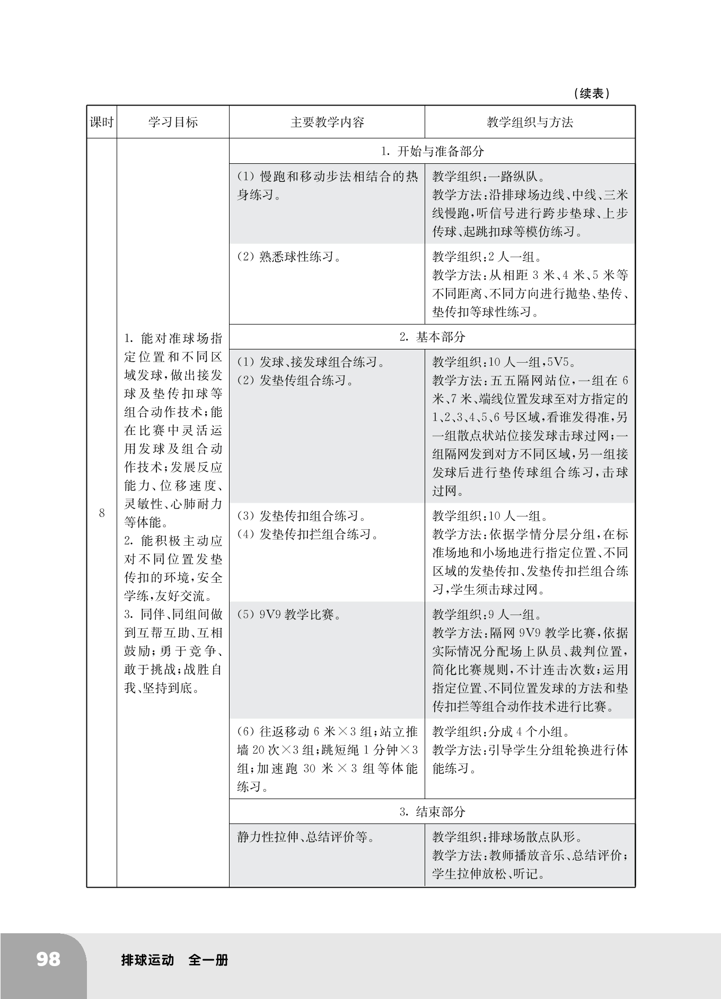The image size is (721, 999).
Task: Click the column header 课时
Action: coord(101,122)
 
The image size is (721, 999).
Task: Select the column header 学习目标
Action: coord(173,122)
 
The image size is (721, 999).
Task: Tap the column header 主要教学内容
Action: coord(327,122)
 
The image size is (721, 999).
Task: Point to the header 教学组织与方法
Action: coord(530,122)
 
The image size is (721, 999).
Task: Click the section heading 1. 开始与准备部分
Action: coord(432,151)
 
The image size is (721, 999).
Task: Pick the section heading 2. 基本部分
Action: coord(432,337)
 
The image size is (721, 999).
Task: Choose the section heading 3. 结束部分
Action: coord(432,811)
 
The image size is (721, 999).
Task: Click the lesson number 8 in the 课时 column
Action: coord(102,513)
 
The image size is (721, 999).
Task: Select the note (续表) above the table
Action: coord(592,94)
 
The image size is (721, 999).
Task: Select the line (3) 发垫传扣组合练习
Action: coord(302,516)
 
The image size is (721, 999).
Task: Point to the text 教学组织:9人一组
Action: coord(487,615)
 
